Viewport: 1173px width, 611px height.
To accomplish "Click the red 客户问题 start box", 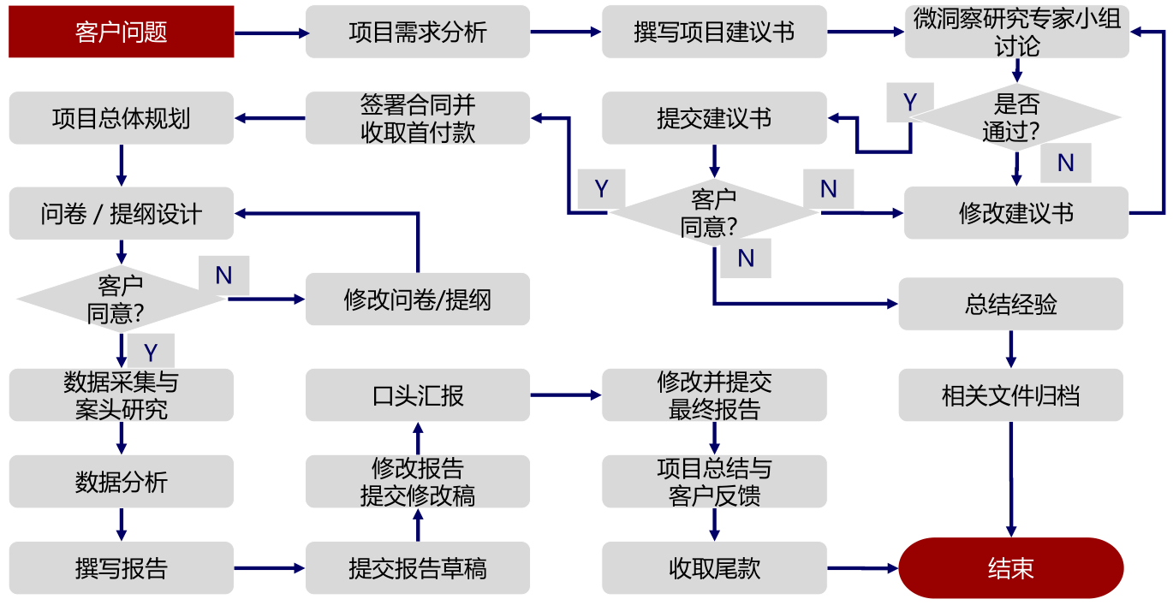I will tap(121, 32).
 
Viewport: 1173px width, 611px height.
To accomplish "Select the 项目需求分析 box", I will tap(417, 32).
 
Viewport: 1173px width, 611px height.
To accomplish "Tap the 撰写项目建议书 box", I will tap(714, 32).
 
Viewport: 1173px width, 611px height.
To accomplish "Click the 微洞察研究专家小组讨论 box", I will tap(1016, 32).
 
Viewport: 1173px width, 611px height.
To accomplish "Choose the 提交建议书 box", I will tap(714, 118).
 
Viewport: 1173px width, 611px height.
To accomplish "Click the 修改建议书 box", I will tap(1016, 212).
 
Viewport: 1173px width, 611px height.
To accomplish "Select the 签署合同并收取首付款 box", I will tap(417, 118).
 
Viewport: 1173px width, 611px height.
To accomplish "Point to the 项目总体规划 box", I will tap(121, 118).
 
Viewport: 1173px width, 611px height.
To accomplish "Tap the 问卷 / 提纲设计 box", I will tap(121, 213).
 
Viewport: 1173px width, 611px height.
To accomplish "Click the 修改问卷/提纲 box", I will tap(417, 300).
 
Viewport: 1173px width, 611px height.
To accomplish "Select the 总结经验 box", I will tap(1010, 304).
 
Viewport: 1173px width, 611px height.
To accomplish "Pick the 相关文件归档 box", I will tap(1010, 395).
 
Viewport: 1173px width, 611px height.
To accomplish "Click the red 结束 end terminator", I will tap(1010, 568).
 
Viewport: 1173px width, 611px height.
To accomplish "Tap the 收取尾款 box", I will tap(714, 568).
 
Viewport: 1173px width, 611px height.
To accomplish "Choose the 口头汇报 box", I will tap(417, 395).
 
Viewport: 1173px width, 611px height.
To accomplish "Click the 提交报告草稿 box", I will tap(417, 568).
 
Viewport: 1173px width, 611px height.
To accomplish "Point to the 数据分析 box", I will tap(121, 482).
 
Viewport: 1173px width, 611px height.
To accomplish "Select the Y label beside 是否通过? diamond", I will tap(909, 103).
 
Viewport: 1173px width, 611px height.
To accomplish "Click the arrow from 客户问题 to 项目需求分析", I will tap(270, 33).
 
